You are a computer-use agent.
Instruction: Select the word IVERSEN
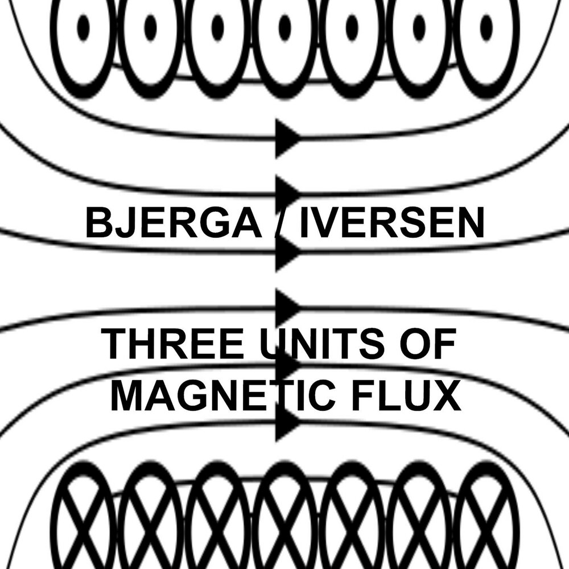click(391, 224)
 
